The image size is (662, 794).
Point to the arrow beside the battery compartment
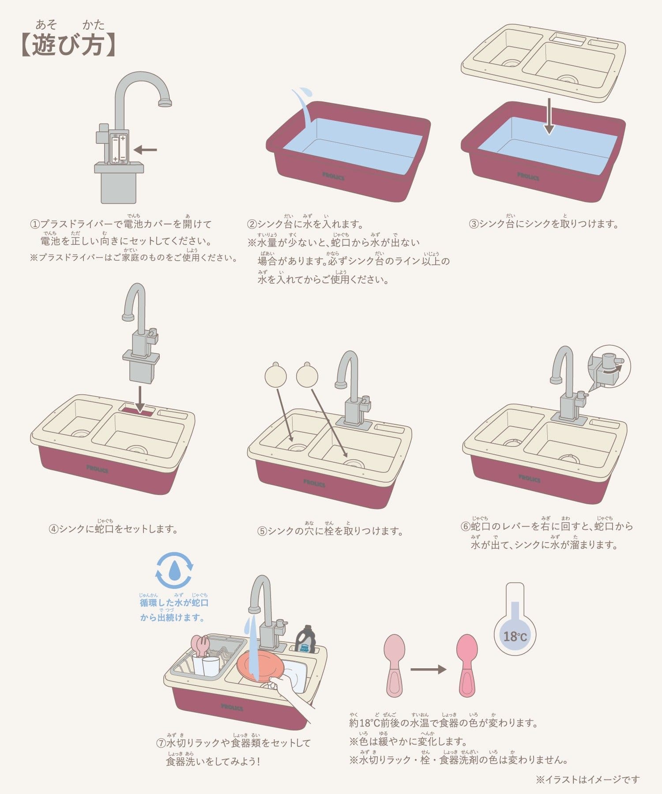coord(145,150)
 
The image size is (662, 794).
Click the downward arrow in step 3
coord(549,116)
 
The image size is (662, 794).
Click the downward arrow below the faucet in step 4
coord(140,400)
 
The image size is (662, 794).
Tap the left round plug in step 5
coord(276,375)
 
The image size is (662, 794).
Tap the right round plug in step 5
coord(307,375)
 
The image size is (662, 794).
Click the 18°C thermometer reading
coord(515,637)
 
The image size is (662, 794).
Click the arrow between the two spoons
coord(429,670)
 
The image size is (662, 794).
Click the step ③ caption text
coord(544,223)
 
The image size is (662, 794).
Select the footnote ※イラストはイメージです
coord(588,779)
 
